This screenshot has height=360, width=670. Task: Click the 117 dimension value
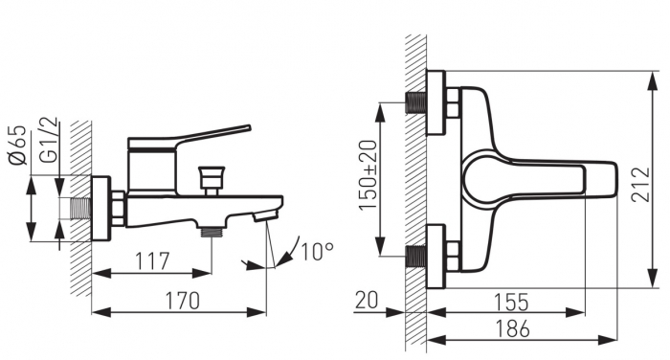152,261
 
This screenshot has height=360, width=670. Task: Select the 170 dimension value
183,301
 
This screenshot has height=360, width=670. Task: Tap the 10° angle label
318,252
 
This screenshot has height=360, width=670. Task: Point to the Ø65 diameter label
17,145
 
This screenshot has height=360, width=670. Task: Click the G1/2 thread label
48,140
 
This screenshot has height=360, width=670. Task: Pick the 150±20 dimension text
368,175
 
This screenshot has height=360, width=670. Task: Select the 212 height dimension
640,184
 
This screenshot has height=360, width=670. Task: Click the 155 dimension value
511,302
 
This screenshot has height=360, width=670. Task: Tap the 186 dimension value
512,328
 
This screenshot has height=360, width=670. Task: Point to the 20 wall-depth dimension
367,300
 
